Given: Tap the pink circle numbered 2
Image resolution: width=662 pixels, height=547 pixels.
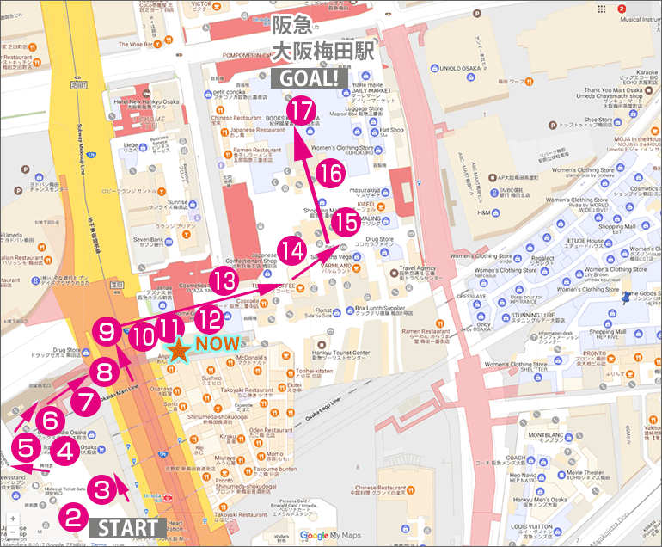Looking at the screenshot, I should pos(74,519).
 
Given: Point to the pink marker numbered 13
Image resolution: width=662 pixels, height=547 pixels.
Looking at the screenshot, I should pos(225,280).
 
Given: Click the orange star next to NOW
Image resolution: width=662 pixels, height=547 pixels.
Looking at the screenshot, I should pos(178,350).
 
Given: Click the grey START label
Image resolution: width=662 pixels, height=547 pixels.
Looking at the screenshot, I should pos(127,527).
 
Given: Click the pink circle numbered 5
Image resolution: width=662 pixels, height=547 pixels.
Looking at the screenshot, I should pos(24,447).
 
